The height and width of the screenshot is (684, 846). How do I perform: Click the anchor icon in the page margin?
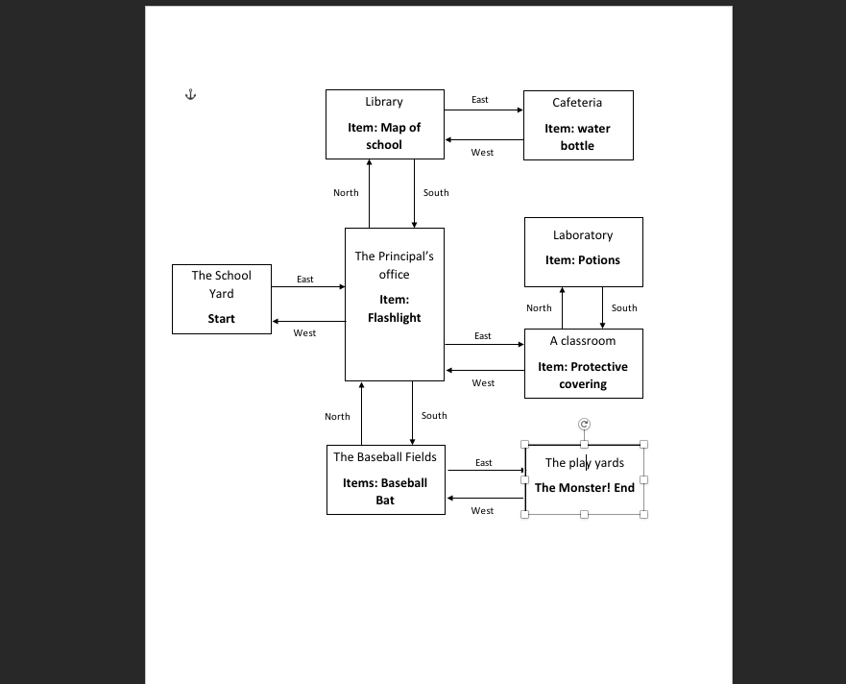click(x=190, y=94)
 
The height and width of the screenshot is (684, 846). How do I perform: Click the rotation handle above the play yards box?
click(x=584, y=424)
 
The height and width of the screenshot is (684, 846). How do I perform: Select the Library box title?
click(x=384, y=102)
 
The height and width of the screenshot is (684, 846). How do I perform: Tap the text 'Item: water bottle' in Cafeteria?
click(x=577, y=136)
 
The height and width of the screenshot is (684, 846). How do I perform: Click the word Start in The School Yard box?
click(x=221, y=318)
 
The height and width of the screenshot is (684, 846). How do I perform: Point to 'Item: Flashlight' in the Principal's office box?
click(x=394, y=308)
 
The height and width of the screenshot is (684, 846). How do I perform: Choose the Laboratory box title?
click(x=583, y=235)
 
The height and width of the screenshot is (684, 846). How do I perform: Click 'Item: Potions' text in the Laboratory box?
click(x=583, y=260)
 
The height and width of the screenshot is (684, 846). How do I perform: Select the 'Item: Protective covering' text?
click(x=583, y=375)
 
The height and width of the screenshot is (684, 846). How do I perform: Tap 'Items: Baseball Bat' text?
click(x=385, y=491)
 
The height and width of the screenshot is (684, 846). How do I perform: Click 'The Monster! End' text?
click(x=584, y=487)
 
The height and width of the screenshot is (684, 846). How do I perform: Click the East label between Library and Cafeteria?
click(x=480, y=100)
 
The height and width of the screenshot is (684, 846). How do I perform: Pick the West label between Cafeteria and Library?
click(x=482, y=153)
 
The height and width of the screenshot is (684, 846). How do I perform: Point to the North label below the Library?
click(x=346, y=193)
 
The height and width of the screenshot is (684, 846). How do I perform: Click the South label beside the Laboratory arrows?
click(x=624, y=308)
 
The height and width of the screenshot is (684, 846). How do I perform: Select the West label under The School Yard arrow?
click(x=304, y=333)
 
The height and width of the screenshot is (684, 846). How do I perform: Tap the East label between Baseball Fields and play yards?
click(x=484, y=463)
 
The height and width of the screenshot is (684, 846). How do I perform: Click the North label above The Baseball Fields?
click(x=337, y=417)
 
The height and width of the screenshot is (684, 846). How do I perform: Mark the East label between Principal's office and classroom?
click(x=483, y=336)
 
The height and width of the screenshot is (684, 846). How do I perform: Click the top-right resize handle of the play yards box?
click(x=643, y=444)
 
